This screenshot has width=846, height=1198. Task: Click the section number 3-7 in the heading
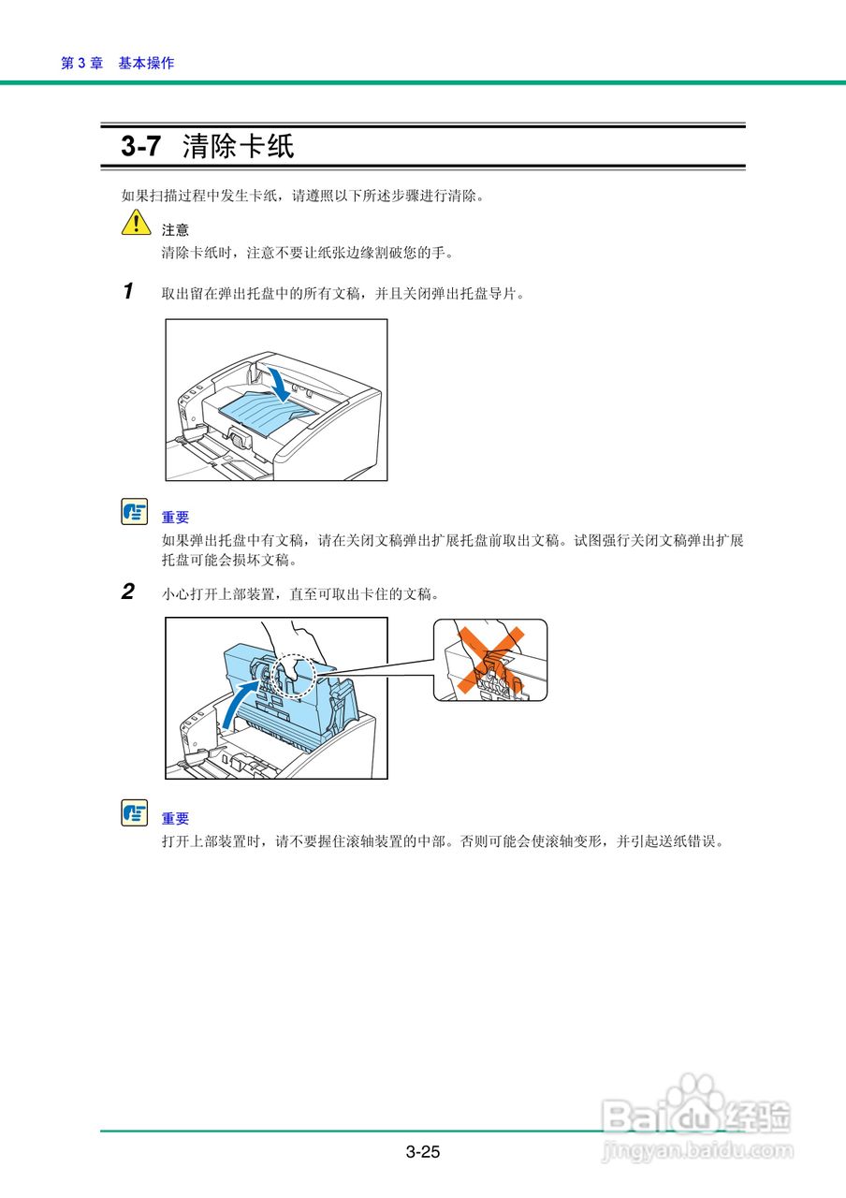[x=141, y=146]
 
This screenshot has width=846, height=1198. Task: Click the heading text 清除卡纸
[x=239, y=146]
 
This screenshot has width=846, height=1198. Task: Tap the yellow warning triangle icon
[x=136, y=223]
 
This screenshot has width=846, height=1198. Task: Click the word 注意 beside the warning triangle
[x=175, y=229]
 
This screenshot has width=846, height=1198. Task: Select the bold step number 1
[x=128, y=291]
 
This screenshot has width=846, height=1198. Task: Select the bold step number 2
[x=128, y=592]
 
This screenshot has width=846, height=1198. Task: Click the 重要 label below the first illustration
[x=175, y=517]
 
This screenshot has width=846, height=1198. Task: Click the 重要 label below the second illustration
[x=175, y=818]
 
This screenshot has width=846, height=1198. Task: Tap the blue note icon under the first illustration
[x=135, y=512]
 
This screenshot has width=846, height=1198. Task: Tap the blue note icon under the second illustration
[x=135, y=813]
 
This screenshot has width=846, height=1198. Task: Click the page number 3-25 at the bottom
[x=423, y=1152]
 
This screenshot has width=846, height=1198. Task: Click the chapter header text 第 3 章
[x=81, y=63]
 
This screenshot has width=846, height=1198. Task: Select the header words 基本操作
[x=146, y=63]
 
